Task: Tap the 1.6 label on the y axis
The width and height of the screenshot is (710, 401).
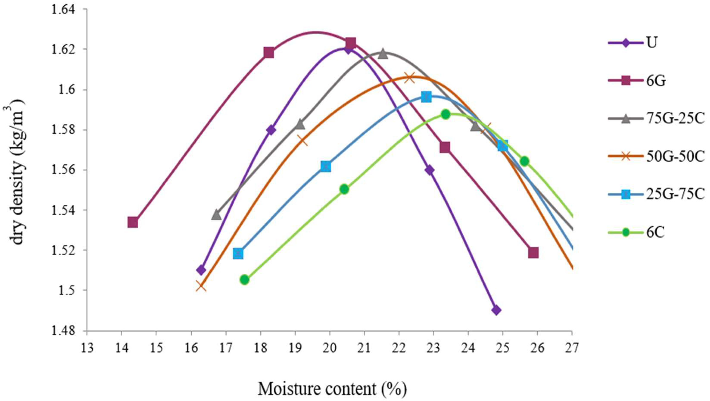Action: coord(71,90)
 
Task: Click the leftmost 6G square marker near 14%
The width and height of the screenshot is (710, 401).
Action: coord(133,222)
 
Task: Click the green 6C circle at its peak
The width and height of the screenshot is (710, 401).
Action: coord(446,114)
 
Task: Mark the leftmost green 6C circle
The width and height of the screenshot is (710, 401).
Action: coord(244,280)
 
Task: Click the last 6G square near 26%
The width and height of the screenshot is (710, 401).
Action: coord(533,253)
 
